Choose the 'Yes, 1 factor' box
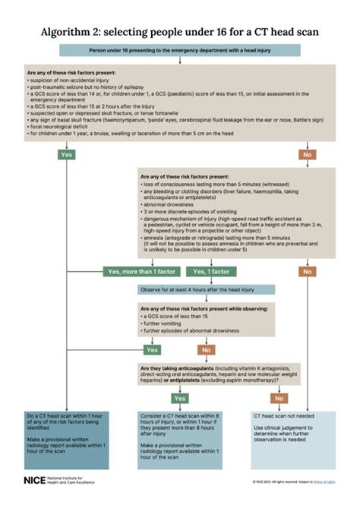[x=210, y=271]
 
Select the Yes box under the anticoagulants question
[x=180, y=397]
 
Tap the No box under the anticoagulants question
[x=280, y=397]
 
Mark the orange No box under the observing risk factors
[x=205, y=350]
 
